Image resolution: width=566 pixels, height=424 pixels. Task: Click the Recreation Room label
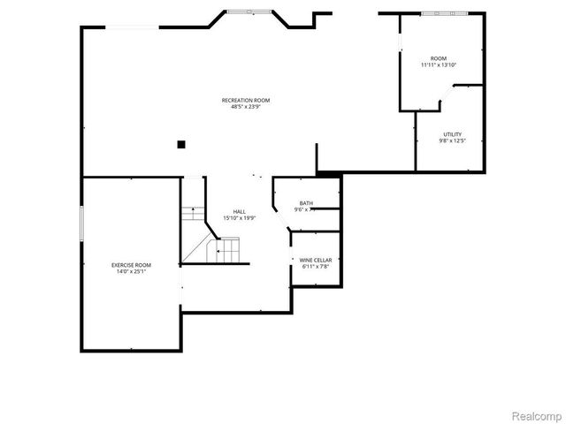click(246, 101)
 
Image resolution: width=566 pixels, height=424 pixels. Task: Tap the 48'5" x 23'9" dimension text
click(246, 108)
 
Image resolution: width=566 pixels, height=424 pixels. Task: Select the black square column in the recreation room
click(180, 144)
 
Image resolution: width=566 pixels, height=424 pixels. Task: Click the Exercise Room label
click(131, 265)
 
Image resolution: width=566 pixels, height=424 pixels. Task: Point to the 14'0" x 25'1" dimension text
click(131, 272)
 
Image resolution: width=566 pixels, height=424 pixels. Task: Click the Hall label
click(240, 211)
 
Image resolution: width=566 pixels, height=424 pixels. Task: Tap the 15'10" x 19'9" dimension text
click(240, 218)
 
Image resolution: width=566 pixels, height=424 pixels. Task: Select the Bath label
click(306, 203)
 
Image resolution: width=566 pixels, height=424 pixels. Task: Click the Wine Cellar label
click(316, 260)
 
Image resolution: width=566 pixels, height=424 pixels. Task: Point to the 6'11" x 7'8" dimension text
click(316, 266)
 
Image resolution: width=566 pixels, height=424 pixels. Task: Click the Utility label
click(452, 134)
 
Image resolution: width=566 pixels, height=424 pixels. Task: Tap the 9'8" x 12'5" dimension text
click(451, 140)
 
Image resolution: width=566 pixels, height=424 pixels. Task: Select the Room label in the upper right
click(439, 58)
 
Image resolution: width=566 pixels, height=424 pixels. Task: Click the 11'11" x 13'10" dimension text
click(439, 65)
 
